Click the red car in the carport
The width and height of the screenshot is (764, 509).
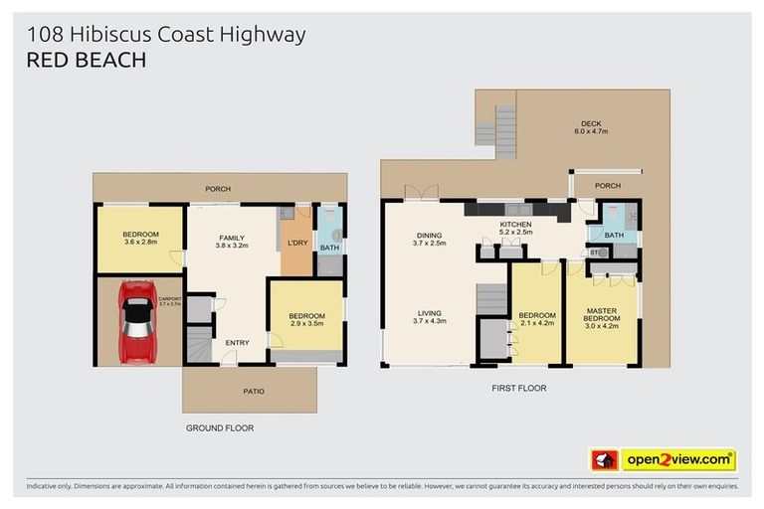(x=136, y=320)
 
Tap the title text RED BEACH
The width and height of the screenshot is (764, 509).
(x=86, y=61)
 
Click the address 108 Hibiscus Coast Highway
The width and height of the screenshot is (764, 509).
(x=165, y=35)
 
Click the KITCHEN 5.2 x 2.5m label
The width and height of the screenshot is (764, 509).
(x=515, y=229)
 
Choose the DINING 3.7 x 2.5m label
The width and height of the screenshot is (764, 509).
(x=430, y=239)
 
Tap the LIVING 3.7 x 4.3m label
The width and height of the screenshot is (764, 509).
(x=430, y=317)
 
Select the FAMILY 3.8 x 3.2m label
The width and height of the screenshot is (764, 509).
(x=237, y=239)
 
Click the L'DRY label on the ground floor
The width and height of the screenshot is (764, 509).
(x=296, y=243)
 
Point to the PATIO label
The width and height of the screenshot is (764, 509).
(x=254, y=391)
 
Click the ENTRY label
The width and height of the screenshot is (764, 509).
(x=237, y=343)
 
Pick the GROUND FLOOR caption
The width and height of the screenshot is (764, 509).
(x=221, y=427)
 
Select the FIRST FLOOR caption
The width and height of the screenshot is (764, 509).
(x=518, y=388)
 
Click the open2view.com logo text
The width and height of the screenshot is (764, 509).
(x=677, y=459)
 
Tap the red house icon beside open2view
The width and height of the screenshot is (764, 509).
(x=604, y=459)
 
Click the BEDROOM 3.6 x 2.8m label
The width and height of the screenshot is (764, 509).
(x=140, y=238)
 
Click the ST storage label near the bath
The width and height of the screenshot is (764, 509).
(x=594, y=253)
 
